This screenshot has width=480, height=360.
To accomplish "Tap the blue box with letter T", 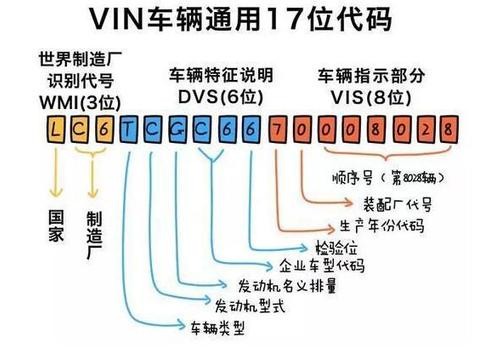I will (x=128, y=129).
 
